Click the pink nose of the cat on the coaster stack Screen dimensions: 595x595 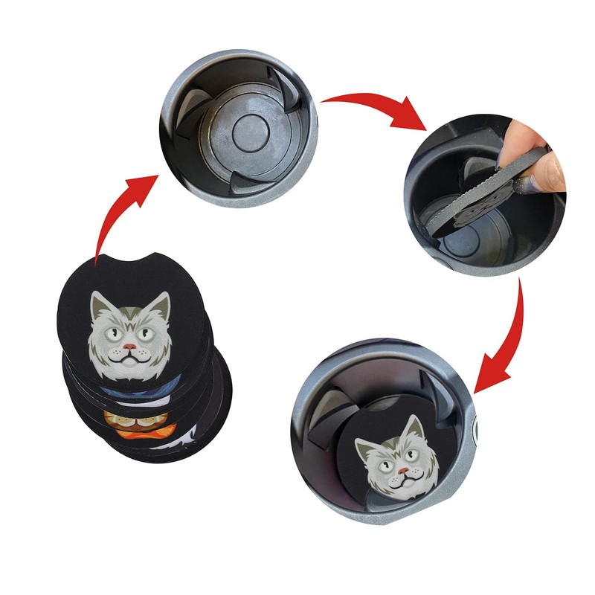pos(129,347)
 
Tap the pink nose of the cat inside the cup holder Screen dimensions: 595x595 pos(401,470)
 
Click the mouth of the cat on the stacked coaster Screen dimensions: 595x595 pos(129,358)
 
